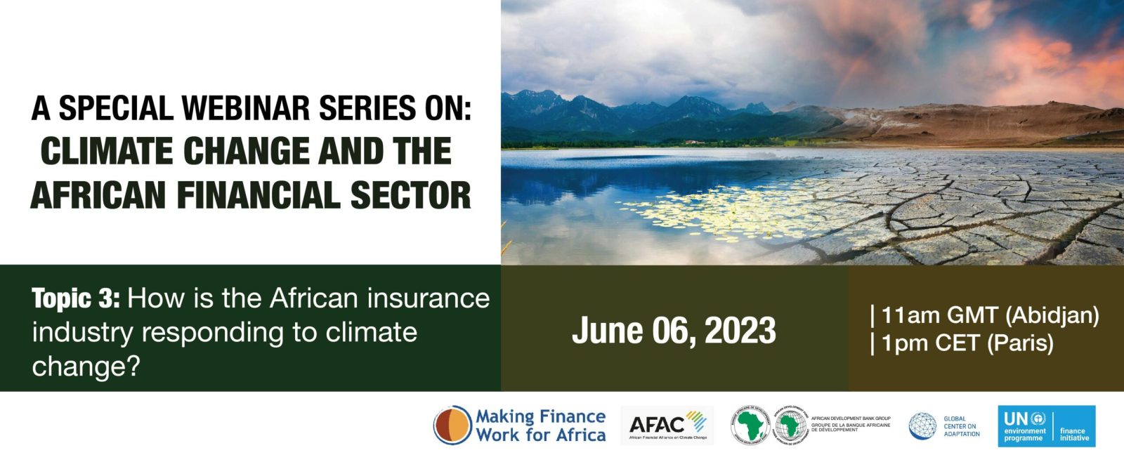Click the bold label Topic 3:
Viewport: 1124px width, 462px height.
(76, 299)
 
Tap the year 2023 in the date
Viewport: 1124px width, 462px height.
(740, 331)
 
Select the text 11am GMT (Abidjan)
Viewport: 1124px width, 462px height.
(990, 315)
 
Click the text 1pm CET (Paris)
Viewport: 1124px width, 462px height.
(967, 343)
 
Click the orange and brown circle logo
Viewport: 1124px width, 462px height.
(452, 425)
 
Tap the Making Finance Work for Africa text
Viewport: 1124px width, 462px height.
(540, 425)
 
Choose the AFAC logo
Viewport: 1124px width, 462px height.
(667, 424)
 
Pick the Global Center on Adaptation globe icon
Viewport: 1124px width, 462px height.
(922, 425)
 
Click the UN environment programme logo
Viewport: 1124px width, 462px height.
(1025, 426)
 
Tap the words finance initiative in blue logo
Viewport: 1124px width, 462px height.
(1073, 435)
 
